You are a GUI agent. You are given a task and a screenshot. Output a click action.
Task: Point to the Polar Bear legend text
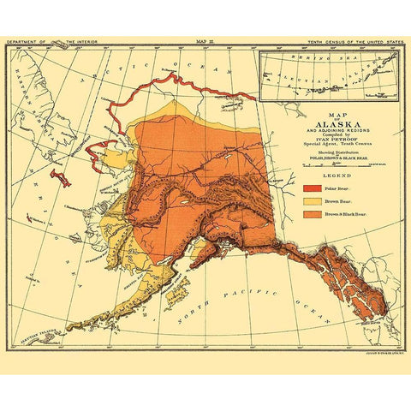point(337,185)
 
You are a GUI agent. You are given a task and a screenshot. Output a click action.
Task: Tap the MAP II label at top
point(205,39)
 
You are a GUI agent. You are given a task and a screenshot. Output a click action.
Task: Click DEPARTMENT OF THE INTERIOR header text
point(51,39)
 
